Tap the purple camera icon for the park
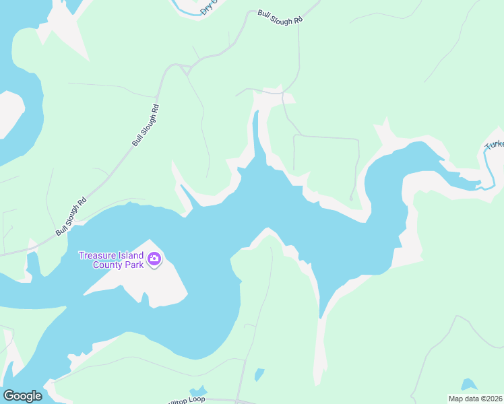click(x=155, y=259)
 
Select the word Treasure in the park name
click(x=98, y=255)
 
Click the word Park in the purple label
click(x=133, y=264)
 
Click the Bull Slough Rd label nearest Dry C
click(x=280, y=18)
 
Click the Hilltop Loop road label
click(x=185, y=400)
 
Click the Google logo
click(x=22, y=396)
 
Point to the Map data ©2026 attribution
click(x=475, y=398)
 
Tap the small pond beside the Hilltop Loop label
click(x=198, y=391)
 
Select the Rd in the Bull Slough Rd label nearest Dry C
click(x=297, y=22)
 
